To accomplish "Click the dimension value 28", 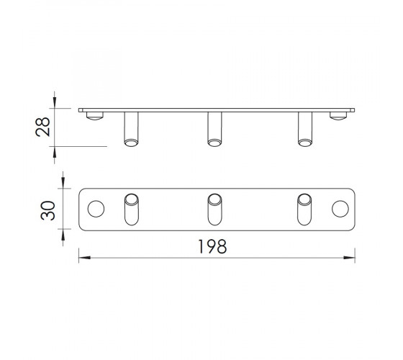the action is pos(42,127).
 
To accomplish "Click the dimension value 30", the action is pos(48,210).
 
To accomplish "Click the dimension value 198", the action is pos(212,246).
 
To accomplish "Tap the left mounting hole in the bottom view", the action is pos(96,209).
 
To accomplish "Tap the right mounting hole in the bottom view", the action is pos(340,209).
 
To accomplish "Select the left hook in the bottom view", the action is pos(132,210).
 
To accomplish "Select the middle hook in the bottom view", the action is pos(214,210).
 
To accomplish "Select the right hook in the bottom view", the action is pos(304,210).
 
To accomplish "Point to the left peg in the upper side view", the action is pos(131,129).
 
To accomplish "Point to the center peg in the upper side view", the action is pos(214,129).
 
